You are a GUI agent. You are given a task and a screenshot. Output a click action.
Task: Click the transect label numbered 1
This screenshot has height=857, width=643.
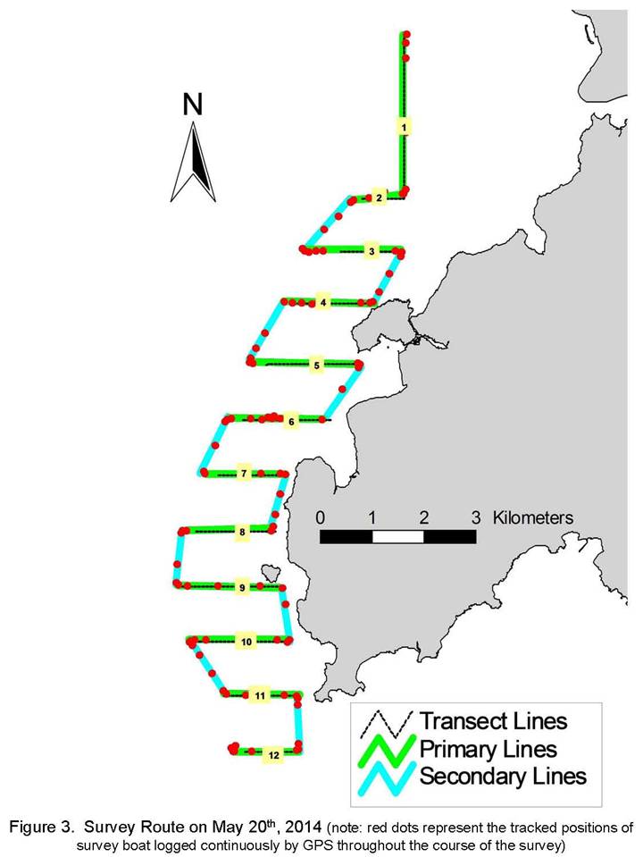pos(404,128)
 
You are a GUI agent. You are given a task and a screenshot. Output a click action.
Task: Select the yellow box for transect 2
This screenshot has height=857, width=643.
pos(380,197)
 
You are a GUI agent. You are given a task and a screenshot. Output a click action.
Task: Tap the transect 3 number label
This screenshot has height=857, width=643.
pos(372,251)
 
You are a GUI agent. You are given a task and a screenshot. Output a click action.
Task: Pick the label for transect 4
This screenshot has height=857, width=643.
pos(323,302)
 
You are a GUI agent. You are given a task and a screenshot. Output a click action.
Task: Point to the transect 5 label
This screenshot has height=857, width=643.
pos(316,365)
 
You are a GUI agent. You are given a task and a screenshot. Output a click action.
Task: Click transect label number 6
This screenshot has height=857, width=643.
pos(291,422)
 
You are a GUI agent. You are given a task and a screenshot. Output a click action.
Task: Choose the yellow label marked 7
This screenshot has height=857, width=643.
pos(244,474)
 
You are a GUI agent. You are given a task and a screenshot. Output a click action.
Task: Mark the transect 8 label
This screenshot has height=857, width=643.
pos(242,532)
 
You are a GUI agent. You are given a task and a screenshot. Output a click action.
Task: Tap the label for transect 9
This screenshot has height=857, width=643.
pos(242,588)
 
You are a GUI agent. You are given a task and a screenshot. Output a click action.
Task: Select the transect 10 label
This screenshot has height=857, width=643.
pos(246,642)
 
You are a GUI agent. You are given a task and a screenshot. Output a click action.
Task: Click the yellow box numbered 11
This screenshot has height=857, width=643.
pos(260,696)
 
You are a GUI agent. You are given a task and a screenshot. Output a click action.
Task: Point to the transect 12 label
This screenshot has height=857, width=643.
pos(273,755)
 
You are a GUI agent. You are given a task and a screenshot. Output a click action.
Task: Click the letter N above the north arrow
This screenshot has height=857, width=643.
pos(192,105)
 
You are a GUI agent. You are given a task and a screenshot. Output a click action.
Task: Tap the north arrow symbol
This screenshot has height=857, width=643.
pos(194,162)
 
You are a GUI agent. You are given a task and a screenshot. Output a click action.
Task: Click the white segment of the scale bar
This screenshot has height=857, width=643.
pos(397,537)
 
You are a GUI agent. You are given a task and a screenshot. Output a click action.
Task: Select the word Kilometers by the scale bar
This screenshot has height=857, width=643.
pos(533,517)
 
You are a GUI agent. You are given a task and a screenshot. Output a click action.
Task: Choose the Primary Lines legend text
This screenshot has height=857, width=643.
pos(488,749)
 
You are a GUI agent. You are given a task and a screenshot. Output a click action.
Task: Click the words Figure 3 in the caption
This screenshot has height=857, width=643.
pos(41,828)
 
